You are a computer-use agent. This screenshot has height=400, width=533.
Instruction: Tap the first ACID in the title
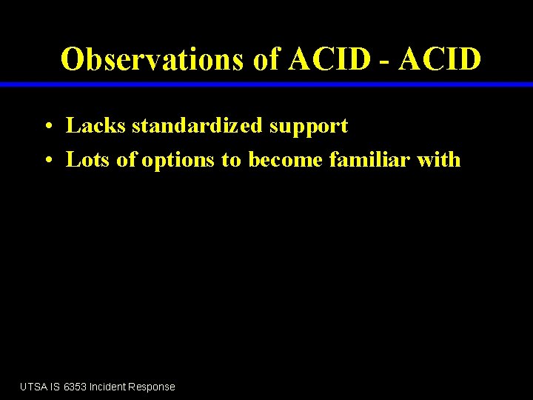(x=329, y=59)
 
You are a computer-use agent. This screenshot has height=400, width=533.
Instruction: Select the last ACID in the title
(x=440, y=59)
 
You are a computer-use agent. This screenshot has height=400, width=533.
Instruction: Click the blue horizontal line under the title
(x=266, y=84)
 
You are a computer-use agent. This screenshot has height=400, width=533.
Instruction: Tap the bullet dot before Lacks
(x=46, y=127)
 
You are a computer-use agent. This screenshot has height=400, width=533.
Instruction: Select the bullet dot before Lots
(x=46, y=161)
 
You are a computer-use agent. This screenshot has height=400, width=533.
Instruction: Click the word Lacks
(x=96, y=126)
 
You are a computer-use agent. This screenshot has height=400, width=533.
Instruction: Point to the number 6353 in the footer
(x=75, y=387)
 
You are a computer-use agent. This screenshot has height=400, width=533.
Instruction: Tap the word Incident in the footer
(x=107, y=387)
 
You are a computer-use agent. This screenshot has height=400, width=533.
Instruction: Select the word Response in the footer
(x=152, y=387)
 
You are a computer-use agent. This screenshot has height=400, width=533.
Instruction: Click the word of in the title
(x=266, y=59)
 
